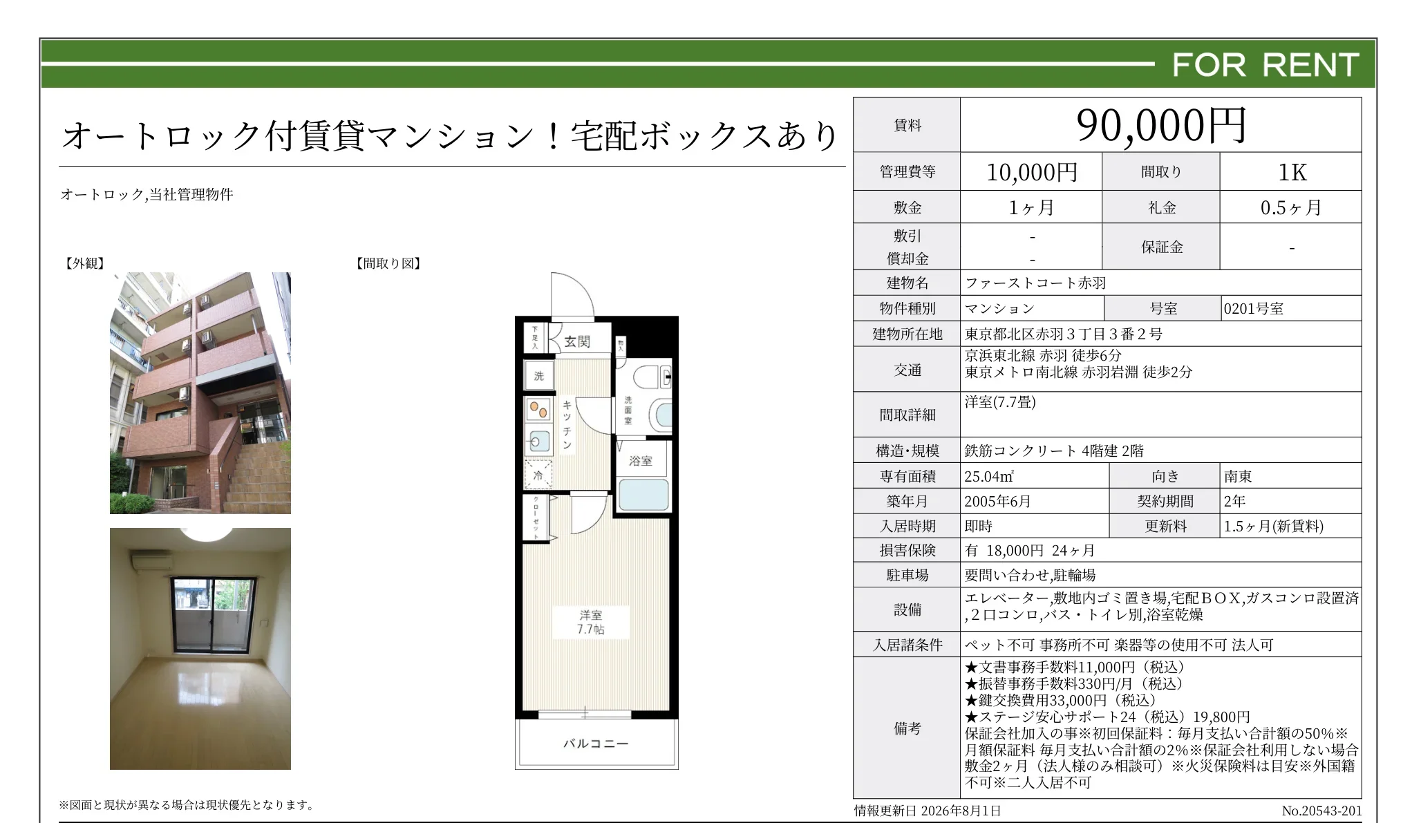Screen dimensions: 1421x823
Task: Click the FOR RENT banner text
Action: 1265,65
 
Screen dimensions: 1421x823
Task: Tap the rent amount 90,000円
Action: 1161,126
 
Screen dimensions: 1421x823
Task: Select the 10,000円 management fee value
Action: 1032,172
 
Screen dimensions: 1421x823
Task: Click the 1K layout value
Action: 1292,172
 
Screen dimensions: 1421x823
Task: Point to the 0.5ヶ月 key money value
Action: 1290,207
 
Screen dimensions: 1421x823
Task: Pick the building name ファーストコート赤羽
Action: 1035,283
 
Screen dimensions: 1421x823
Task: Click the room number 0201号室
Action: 1253,309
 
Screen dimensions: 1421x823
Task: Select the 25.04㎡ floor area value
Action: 989,476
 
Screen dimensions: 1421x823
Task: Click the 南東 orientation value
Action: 1238,476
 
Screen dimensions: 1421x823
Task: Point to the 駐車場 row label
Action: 907,575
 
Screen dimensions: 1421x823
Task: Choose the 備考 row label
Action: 907,728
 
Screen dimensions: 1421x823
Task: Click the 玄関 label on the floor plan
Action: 577,341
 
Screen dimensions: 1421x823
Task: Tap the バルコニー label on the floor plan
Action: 596,744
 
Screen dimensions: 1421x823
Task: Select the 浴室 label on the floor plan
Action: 641,461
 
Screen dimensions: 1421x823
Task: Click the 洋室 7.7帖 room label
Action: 591,622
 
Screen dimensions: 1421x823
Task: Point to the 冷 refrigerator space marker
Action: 538,475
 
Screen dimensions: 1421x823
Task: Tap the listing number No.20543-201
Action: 1321,811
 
